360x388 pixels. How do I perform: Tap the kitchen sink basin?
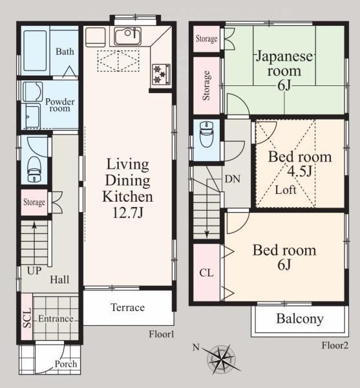tap(127, 36)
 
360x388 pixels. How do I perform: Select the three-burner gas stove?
tap(161, 74)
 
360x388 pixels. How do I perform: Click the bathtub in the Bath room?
tap(35, 50)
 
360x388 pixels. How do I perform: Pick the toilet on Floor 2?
tap(206, 134)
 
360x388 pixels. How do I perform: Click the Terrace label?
tap(127, 307)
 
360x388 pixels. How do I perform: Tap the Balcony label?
tap(300, 319)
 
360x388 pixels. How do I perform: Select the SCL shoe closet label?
tap(27, 318)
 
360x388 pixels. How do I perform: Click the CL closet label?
tap(206, 273)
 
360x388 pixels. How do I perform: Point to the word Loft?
tap(286, 190)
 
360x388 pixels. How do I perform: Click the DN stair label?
tap(233, 179)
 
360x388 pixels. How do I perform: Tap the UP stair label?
tap(34, 271)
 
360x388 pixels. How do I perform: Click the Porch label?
tap(66, 364)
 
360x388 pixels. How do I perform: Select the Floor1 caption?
tap(162, 334)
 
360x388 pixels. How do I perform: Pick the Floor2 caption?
tap(335, 345)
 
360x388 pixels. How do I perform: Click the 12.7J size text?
tap(128, 212)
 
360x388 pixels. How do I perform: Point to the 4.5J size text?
tap(299, 171)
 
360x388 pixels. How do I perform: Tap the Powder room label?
tap(60, 105)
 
